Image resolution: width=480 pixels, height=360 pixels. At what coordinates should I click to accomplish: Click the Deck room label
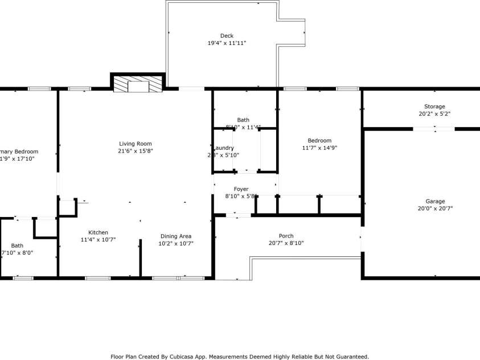point(227,36)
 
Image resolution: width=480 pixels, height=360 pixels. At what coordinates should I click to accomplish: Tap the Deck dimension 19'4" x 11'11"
point(227,43)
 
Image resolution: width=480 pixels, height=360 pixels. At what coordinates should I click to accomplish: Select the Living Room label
point(135,144)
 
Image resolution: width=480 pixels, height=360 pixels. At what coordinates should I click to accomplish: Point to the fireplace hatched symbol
point(137,85)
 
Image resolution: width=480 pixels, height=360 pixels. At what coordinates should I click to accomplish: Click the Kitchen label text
point(98,232)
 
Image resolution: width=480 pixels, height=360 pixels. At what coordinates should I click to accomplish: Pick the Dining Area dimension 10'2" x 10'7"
point(175,243)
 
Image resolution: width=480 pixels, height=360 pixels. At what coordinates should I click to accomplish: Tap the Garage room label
point(435,201)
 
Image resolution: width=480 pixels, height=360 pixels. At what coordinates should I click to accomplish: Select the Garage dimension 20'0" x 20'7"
point(435,208)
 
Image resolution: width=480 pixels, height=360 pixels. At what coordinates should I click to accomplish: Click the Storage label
point(434,107)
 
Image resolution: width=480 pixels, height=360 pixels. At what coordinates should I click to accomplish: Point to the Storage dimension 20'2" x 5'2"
point(434,114)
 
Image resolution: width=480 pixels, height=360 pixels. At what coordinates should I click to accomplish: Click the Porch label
point(286,236)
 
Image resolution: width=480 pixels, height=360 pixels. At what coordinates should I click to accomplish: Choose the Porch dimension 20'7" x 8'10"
point(286,243)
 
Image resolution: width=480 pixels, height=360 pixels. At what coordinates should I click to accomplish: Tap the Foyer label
point(241,189)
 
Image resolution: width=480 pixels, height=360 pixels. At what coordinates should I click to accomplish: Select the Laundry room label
point(223,148)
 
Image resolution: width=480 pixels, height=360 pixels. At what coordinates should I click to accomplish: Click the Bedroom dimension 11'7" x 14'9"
point(319,148)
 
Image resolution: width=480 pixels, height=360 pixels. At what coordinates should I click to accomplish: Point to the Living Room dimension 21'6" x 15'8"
point(135,151)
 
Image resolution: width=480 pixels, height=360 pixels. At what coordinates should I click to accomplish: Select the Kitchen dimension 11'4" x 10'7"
point(98,240)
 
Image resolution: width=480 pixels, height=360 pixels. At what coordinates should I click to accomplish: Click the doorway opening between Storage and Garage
point(434,129)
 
